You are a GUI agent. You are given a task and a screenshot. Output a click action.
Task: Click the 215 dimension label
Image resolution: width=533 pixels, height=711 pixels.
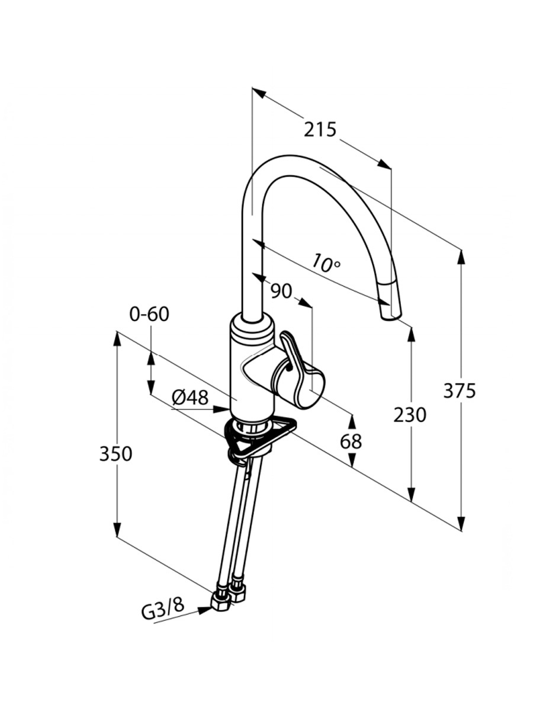coord(320,129)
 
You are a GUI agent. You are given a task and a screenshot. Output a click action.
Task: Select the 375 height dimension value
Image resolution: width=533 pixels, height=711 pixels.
coord(459,391)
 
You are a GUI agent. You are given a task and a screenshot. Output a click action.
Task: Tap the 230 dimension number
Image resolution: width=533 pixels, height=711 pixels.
coord(410,415)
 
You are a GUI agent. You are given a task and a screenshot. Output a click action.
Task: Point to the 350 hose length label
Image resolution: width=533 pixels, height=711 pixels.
coord(115,454)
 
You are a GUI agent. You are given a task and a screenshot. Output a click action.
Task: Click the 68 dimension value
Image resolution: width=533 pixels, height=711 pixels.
coord(351,441)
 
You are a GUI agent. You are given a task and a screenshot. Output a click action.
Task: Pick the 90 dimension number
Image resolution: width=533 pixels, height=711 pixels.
coord(281,291)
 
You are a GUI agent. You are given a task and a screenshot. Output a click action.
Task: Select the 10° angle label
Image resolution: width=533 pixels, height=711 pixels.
coord(324,263)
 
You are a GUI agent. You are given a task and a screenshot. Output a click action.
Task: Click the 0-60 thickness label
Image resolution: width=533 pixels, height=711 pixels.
coord(149,314)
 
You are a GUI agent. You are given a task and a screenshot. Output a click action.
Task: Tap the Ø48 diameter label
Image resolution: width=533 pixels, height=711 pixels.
coord(190,398)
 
